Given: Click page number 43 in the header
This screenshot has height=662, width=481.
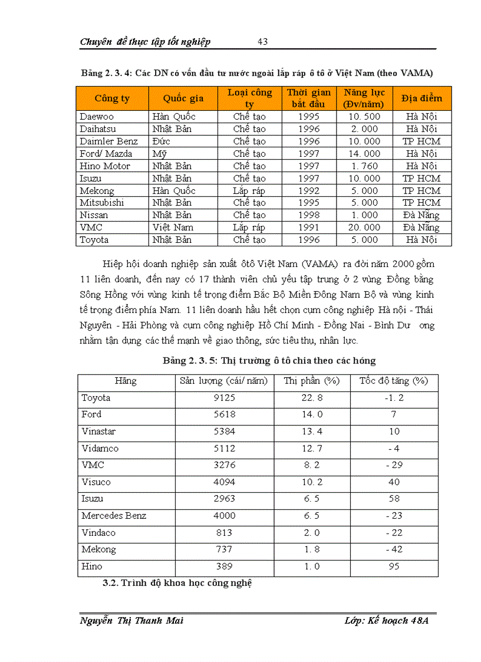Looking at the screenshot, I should click(x=263, y=41).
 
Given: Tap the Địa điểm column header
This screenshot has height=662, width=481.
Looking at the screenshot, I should click(x=421, y=98).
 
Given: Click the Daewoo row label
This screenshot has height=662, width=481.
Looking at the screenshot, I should click(x=97, y=117).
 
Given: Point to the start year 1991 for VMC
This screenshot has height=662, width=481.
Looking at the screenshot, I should click(x=309, y=228).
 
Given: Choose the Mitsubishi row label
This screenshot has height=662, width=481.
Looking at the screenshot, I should click(x=102, y=203).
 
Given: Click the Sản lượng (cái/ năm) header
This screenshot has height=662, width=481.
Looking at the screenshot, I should click(x=223, y=381).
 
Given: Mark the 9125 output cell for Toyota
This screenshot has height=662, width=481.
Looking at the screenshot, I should click(x=224, y=398).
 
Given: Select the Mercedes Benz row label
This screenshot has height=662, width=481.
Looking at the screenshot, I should click(x=114, y=516).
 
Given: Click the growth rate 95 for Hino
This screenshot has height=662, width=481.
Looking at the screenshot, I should click(x=394, y=567).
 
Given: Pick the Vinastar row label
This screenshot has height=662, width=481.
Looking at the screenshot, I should click(x=98, y=432).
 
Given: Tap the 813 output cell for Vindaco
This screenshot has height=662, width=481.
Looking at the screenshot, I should click(x=224, y=533).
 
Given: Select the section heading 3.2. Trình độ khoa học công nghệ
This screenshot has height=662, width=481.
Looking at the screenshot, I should click(x=177, y=584).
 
